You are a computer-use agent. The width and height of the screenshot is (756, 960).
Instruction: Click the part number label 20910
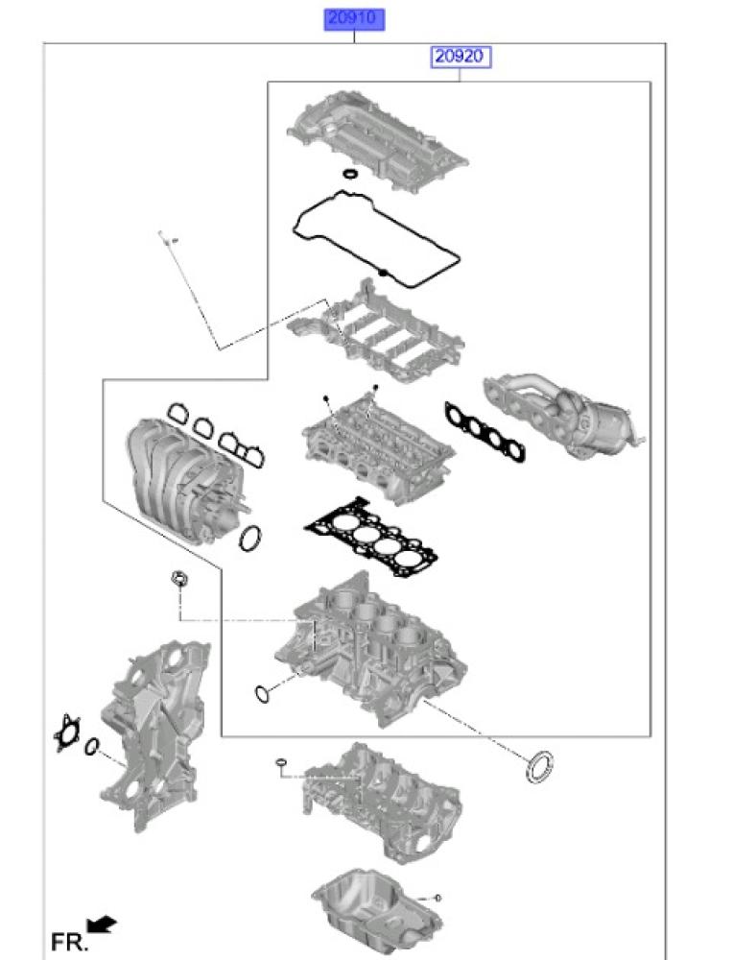click(354, 18)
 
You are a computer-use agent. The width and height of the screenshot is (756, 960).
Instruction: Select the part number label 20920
click(459, 57)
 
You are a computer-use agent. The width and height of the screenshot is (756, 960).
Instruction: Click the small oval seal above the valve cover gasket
click(350, 174)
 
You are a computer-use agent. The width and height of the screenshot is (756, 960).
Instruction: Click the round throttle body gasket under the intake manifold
click(250, 539)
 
